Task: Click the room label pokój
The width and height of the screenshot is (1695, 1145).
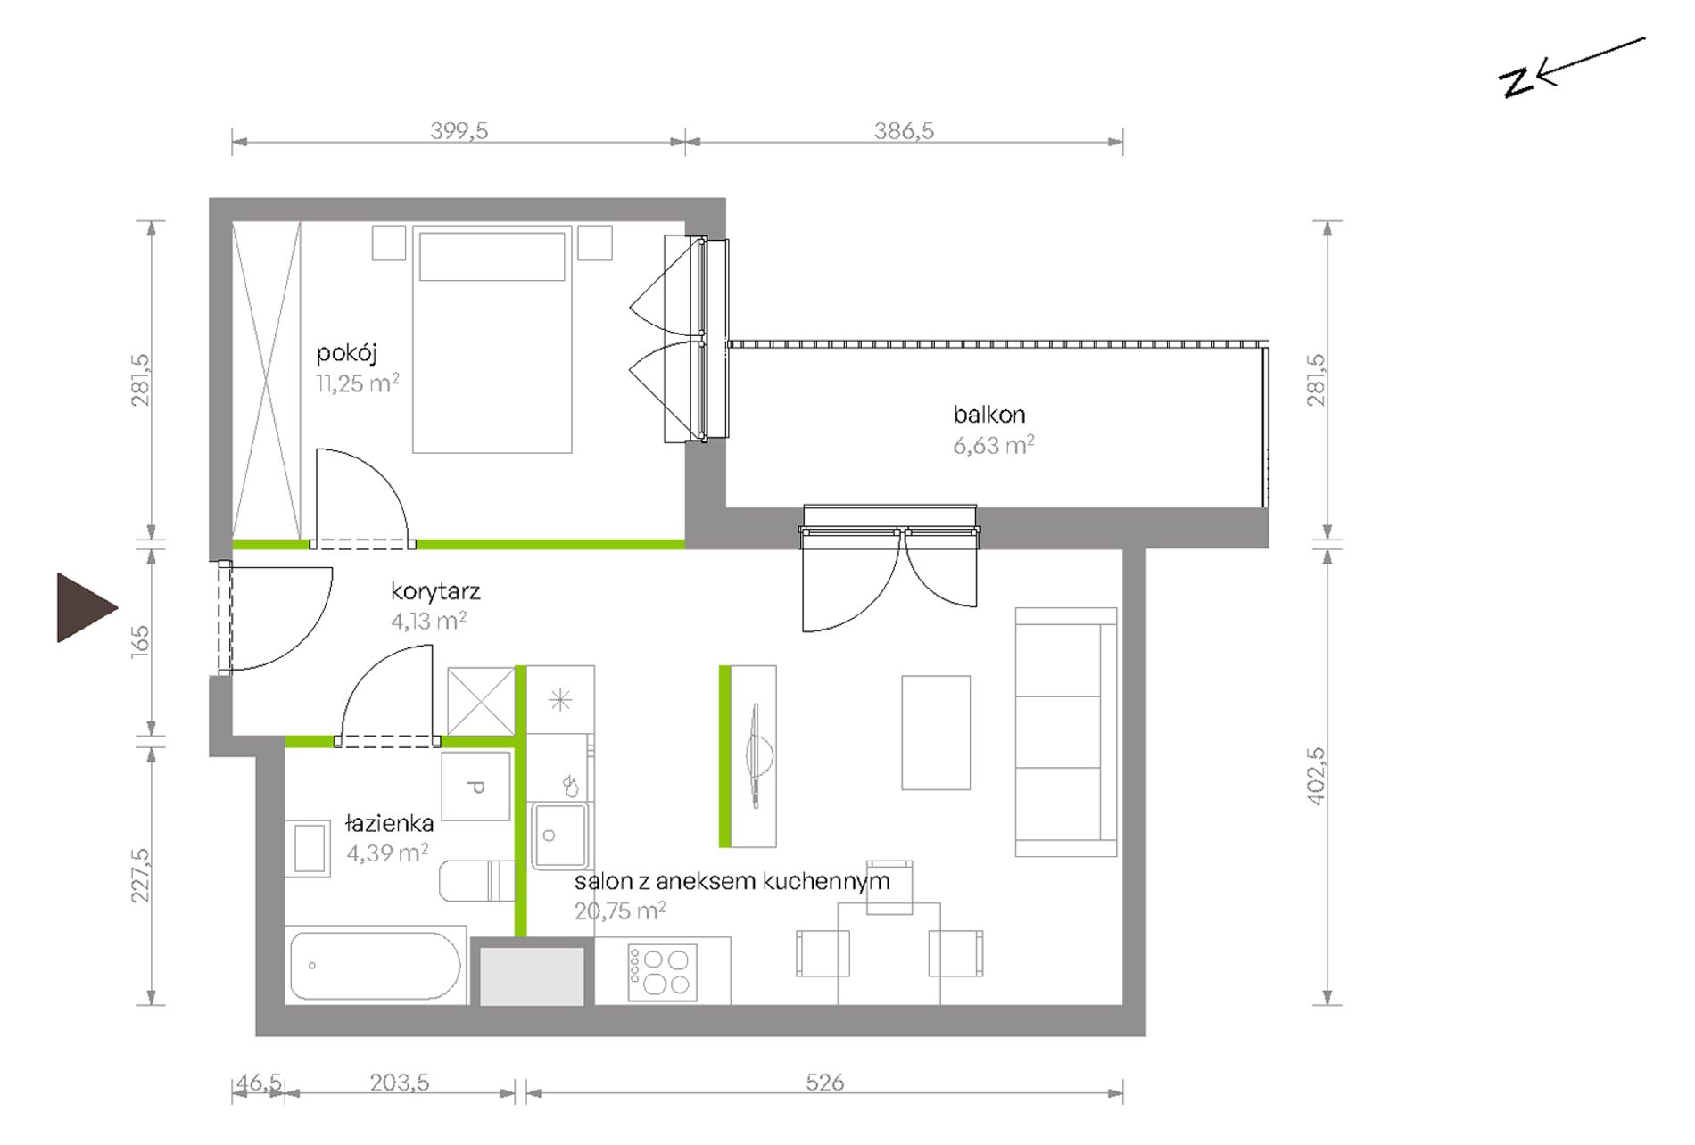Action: pos(347,353)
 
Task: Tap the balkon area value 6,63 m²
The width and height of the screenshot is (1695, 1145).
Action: pos(994,445)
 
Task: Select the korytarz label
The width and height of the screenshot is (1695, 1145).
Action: pos(435,591)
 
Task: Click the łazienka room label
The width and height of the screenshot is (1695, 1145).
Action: pos(390,823)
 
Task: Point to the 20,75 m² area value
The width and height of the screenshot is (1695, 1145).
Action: pos(620,911)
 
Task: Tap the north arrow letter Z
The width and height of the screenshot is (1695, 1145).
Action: pos(1515,82)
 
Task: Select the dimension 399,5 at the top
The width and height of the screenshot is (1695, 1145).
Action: pos(459,131)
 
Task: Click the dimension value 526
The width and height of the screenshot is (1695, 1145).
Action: pos(824,1083)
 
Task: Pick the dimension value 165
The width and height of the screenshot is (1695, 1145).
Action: pos(141,642)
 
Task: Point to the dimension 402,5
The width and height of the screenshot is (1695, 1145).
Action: pos(1316,776)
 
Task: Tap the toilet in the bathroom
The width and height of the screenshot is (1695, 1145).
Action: pos(476,881)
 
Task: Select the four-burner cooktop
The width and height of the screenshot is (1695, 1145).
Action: pos(662,972)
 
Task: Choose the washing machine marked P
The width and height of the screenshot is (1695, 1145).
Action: pos(476,787)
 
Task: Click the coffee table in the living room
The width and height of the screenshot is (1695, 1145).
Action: pos(936,732)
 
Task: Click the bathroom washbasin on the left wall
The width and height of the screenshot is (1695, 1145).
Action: pos(309,848)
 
